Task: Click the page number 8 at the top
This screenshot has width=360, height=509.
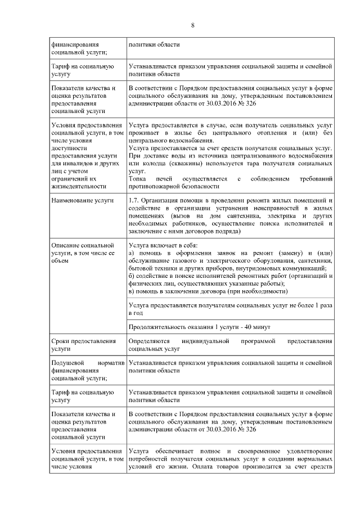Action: pos(192,25)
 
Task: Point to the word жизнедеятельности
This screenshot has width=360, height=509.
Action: pos(79,186)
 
